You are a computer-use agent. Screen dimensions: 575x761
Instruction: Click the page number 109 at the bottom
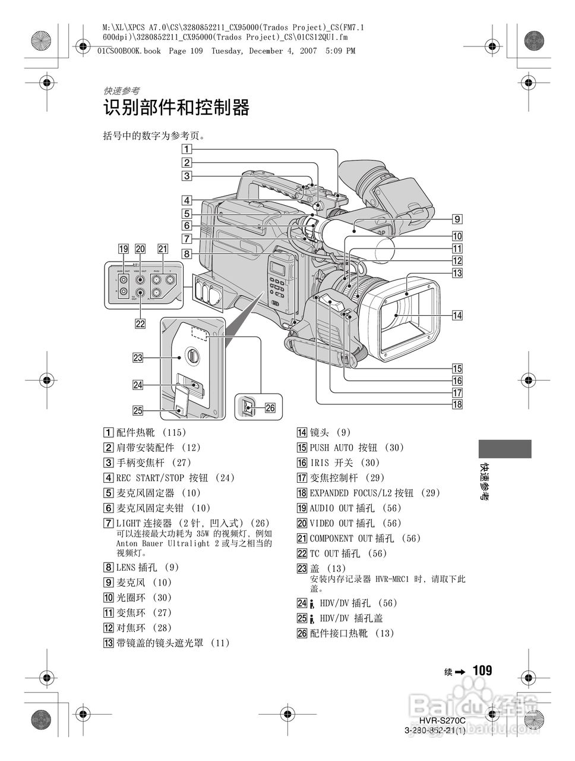pyautogui.click(x=482, y=671)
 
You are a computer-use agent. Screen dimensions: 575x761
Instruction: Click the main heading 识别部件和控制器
pyautogui.click(x=176, y=108)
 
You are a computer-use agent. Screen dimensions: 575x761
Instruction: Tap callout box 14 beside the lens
pyautogui.click(x=457, y=316)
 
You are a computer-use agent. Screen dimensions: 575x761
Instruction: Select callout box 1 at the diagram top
pyautogui.click(x=187, y=149)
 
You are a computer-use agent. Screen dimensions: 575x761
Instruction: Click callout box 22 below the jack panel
pyautogui.click(x=140, y=323)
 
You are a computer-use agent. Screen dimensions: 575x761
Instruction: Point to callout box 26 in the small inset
pyautogui.click(x=270, y=408)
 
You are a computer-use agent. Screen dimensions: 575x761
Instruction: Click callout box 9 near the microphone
pyautogui.click(x=457, y=218)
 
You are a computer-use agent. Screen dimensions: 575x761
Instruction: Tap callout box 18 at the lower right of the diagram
pyautogui.click(x=457, y=405)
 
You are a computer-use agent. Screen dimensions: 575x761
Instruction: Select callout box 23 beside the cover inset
pyautogui.click(x=138, y=357)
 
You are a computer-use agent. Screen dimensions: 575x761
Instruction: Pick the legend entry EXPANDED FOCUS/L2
pyautogui.click(x=352, y=493)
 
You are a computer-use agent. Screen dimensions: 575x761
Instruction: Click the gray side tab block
pyautogui.click(x=504, y=449)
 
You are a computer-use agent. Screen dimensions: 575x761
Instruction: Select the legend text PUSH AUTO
pyautogui.click(x=331, y=448)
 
